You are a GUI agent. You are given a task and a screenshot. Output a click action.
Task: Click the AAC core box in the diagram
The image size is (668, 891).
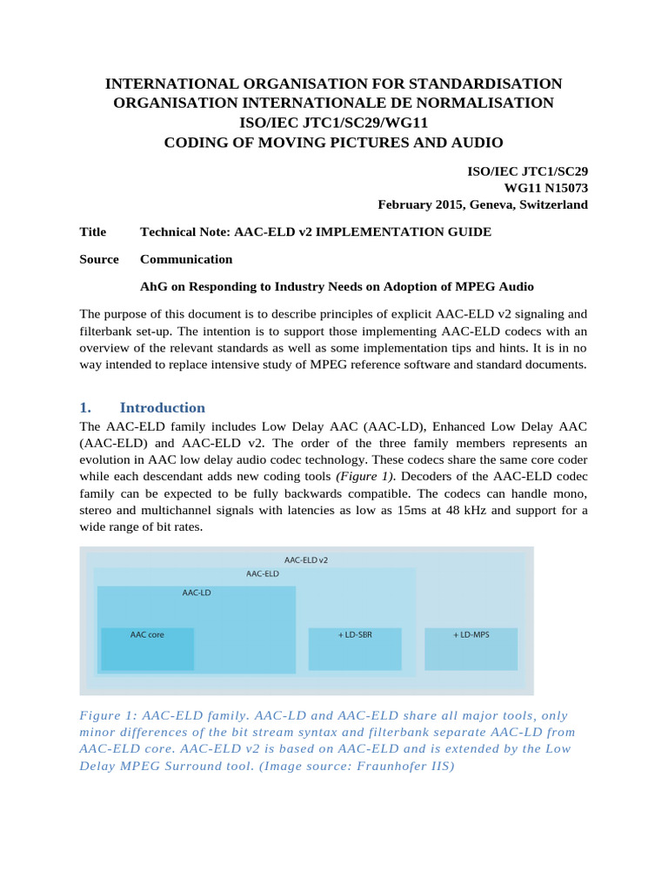(147, 648)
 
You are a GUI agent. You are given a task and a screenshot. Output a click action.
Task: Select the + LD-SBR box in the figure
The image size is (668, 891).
(355, 648)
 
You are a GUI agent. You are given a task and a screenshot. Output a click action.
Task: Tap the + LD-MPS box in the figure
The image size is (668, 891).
(471, 648)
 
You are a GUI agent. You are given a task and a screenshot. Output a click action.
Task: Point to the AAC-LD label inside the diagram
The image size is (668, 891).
(197, 593)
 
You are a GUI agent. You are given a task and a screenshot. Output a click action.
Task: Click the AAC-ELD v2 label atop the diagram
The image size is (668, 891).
(306, 559)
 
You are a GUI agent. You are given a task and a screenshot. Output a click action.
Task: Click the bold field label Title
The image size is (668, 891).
(93, 231)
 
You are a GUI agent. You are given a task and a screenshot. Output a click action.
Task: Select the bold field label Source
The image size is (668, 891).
(99, 259)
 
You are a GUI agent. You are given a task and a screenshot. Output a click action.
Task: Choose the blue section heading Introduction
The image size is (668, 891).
(163, 407)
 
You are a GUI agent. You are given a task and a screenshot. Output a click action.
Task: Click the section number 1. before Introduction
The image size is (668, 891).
(85, 407)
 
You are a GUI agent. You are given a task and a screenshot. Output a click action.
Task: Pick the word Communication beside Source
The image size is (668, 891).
(186, 259)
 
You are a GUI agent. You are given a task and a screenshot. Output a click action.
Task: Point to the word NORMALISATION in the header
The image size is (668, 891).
(495, 103)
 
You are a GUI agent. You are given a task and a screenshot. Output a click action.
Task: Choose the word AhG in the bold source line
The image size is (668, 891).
(153, 286)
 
